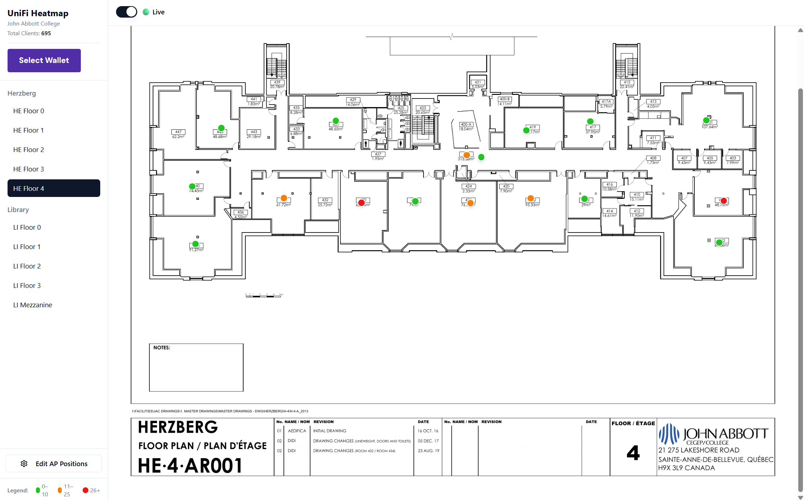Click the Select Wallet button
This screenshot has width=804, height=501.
point(44,60)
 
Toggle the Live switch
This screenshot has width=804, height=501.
point(126,12)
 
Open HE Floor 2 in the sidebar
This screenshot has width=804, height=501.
point(29,150)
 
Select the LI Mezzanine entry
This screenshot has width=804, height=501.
point(33,305)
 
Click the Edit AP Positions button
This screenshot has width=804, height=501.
point(54,464)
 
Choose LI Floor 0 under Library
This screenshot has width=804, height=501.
point(27,227)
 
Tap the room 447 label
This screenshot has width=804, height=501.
point(178,132)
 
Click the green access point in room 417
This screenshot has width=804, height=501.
point(590,121)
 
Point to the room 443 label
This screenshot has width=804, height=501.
point(254,132)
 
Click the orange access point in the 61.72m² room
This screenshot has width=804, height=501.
point(284,198)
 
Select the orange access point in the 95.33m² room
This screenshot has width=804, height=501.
point(531,198)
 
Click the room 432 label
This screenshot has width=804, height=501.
point(325,200)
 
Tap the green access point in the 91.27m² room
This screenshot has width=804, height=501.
point(195,244)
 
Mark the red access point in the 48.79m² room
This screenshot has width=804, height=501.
point(724,201)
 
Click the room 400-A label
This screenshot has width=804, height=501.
point(466,124)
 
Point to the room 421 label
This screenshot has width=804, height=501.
point(478,82)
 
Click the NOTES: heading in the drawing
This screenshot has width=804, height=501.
point(162,348)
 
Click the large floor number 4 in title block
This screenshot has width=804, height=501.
point(633,453)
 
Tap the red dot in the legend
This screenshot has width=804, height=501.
point(86,490)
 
